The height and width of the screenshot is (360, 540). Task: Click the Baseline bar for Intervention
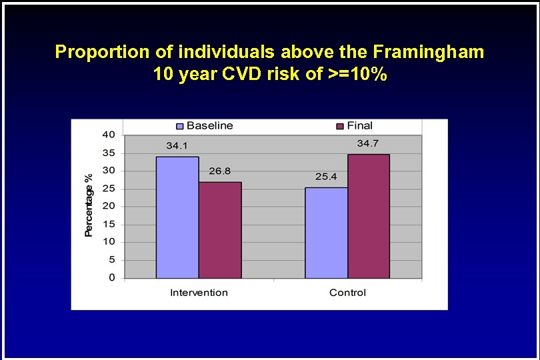tap(177, 217)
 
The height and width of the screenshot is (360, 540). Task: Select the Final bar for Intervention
tap(220, 230)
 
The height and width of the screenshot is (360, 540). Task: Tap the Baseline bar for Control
tap(326, 233)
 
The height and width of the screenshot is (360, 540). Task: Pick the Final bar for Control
tap(368, 216)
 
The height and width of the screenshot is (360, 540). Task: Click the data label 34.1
tap(177, 146)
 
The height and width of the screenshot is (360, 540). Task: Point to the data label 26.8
tap(219, 171)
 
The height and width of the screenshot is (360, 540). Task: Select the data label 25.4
tap(326, 177)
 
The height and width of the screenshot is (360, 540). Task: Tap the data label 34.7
tap(368, 144)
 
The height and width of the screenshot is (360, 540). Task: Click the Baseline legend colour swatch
tap(179, 126)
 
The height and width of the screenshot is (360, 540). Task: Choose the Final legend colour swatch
tap(339, 126)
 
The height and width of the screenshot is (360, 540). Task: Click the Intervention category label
tap(199, 293)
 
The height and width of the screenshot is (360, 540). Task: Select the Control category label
tap(347, 293)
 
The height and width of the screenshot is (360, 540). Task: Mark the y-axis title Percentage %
tap(89, 205)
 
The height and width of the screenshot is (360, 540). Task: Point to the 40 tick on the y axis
tap(108, 135)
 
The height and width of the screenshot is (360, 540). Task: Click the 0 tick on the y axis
tap(111, 277)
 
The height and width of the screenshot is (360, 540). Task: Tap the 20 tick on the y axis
tap(108, 206)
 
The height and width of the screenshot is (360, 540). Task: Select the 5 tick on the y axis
tap(111, 259)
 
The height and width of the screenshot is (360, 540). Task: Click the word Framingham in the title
tap(429, 52)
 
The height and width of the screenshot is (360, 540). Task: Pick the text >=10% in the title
tap(357, 75)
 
